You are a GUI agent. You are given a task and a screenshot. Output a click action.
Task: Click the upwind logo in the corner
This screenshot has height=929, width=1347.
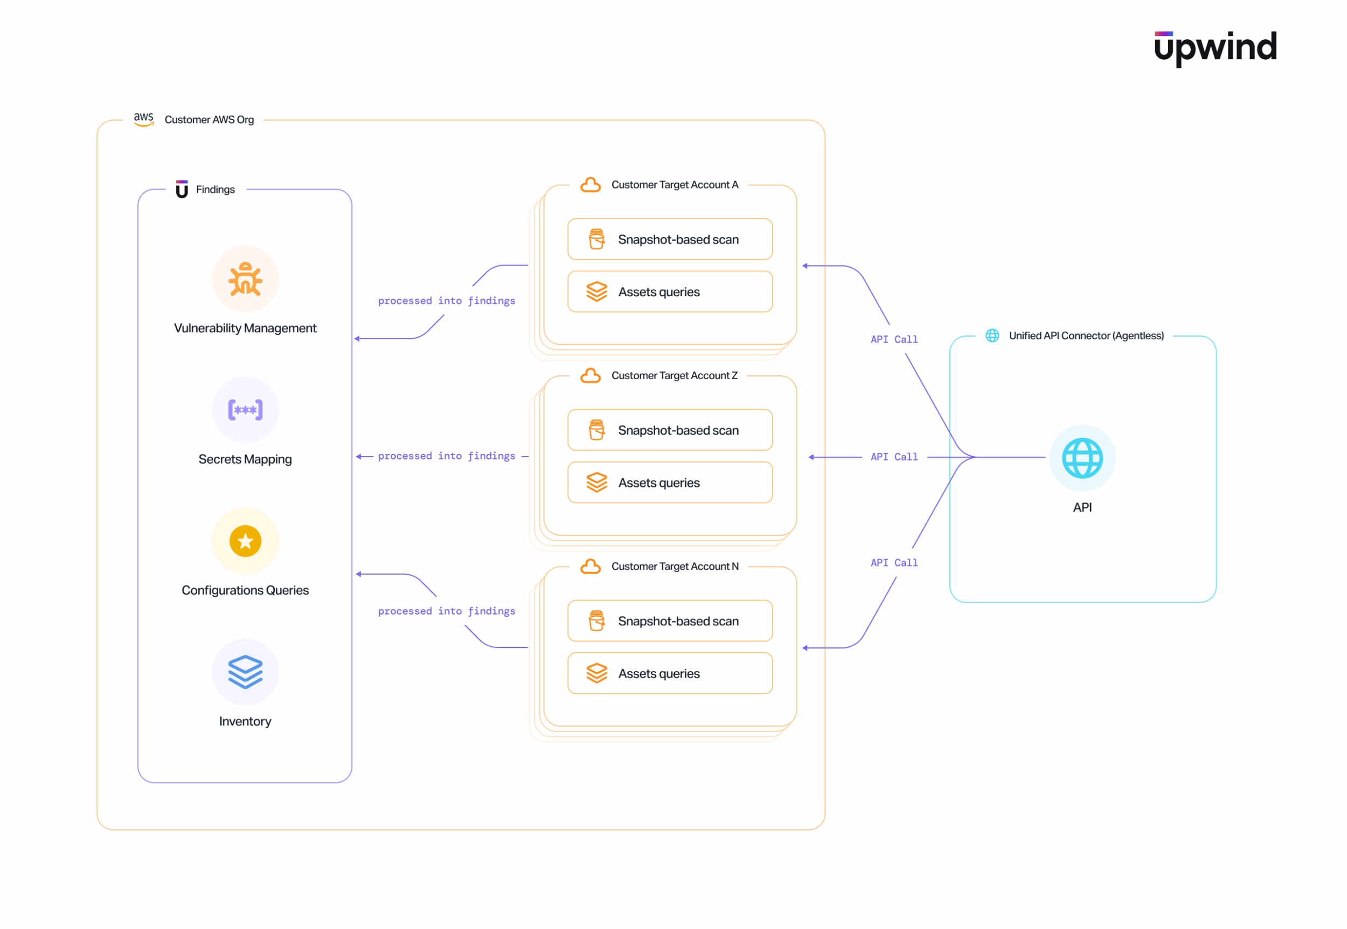tap(1215, 47)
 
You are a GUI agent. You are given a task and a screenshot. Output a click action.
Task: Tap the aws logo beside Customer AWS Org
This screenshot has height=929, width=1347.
tap(143, 120)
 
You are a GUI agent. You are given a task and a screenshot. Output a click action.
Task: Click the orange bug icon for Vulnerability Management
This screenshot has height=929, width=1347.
tap(245, 279)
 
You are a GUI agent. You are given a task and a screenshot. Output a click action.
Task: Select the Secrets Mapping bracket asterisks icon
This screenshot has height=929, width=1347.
tap(245, 410)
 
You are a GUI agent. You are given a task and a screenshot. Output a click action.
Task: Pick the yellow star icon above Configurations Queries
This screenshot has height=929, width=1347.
tap(245, 541)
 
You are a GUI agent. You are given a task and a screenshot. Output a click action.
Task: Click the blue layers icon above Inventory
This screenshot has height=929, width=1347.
tap(245, 672)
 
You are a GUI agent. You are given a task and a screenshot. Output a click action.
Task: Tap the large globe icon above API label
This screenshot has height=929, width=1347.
tap(1081, 458)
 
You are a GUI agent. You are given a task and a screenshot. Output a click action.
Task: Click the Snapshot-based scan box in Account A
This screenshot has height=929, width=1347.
tap(670, 239)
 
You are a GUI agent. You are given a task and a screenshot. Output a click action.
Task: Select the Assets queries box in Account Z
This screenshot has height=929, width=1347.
tap(670, 483)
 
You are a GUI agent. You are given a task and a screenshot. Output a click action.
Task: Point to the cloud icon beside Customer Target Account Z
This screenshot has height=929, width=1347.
tap(590, 375)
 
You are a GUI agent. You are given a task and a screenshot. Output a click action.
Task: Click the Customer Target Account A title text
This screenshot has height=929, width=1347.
tap(675, 185)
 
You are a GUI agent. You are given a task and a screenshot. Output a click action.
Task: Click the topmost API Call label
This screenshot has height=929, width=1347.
tap(893, 339)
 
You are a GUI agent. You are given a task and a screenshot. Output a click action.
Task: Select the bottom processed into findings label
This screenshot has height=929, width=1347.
tap(446, 611)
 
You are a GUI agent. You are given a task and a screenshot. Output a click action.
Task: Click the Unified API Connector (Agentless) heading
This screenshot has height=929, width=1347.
tap(1086, 336)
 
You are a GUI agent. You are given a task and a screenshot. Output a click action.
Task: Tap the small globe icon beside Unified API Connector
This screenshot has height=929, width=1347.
tap(992, 336)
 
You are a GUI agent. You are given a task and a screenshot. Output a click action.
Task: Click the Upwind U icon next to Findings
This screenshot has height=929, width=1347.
tap(182, 189)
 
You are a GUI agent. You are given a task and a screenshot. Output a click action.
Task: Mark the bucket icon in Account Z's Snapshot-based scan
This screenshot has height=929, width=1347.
tap(596, 430)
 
